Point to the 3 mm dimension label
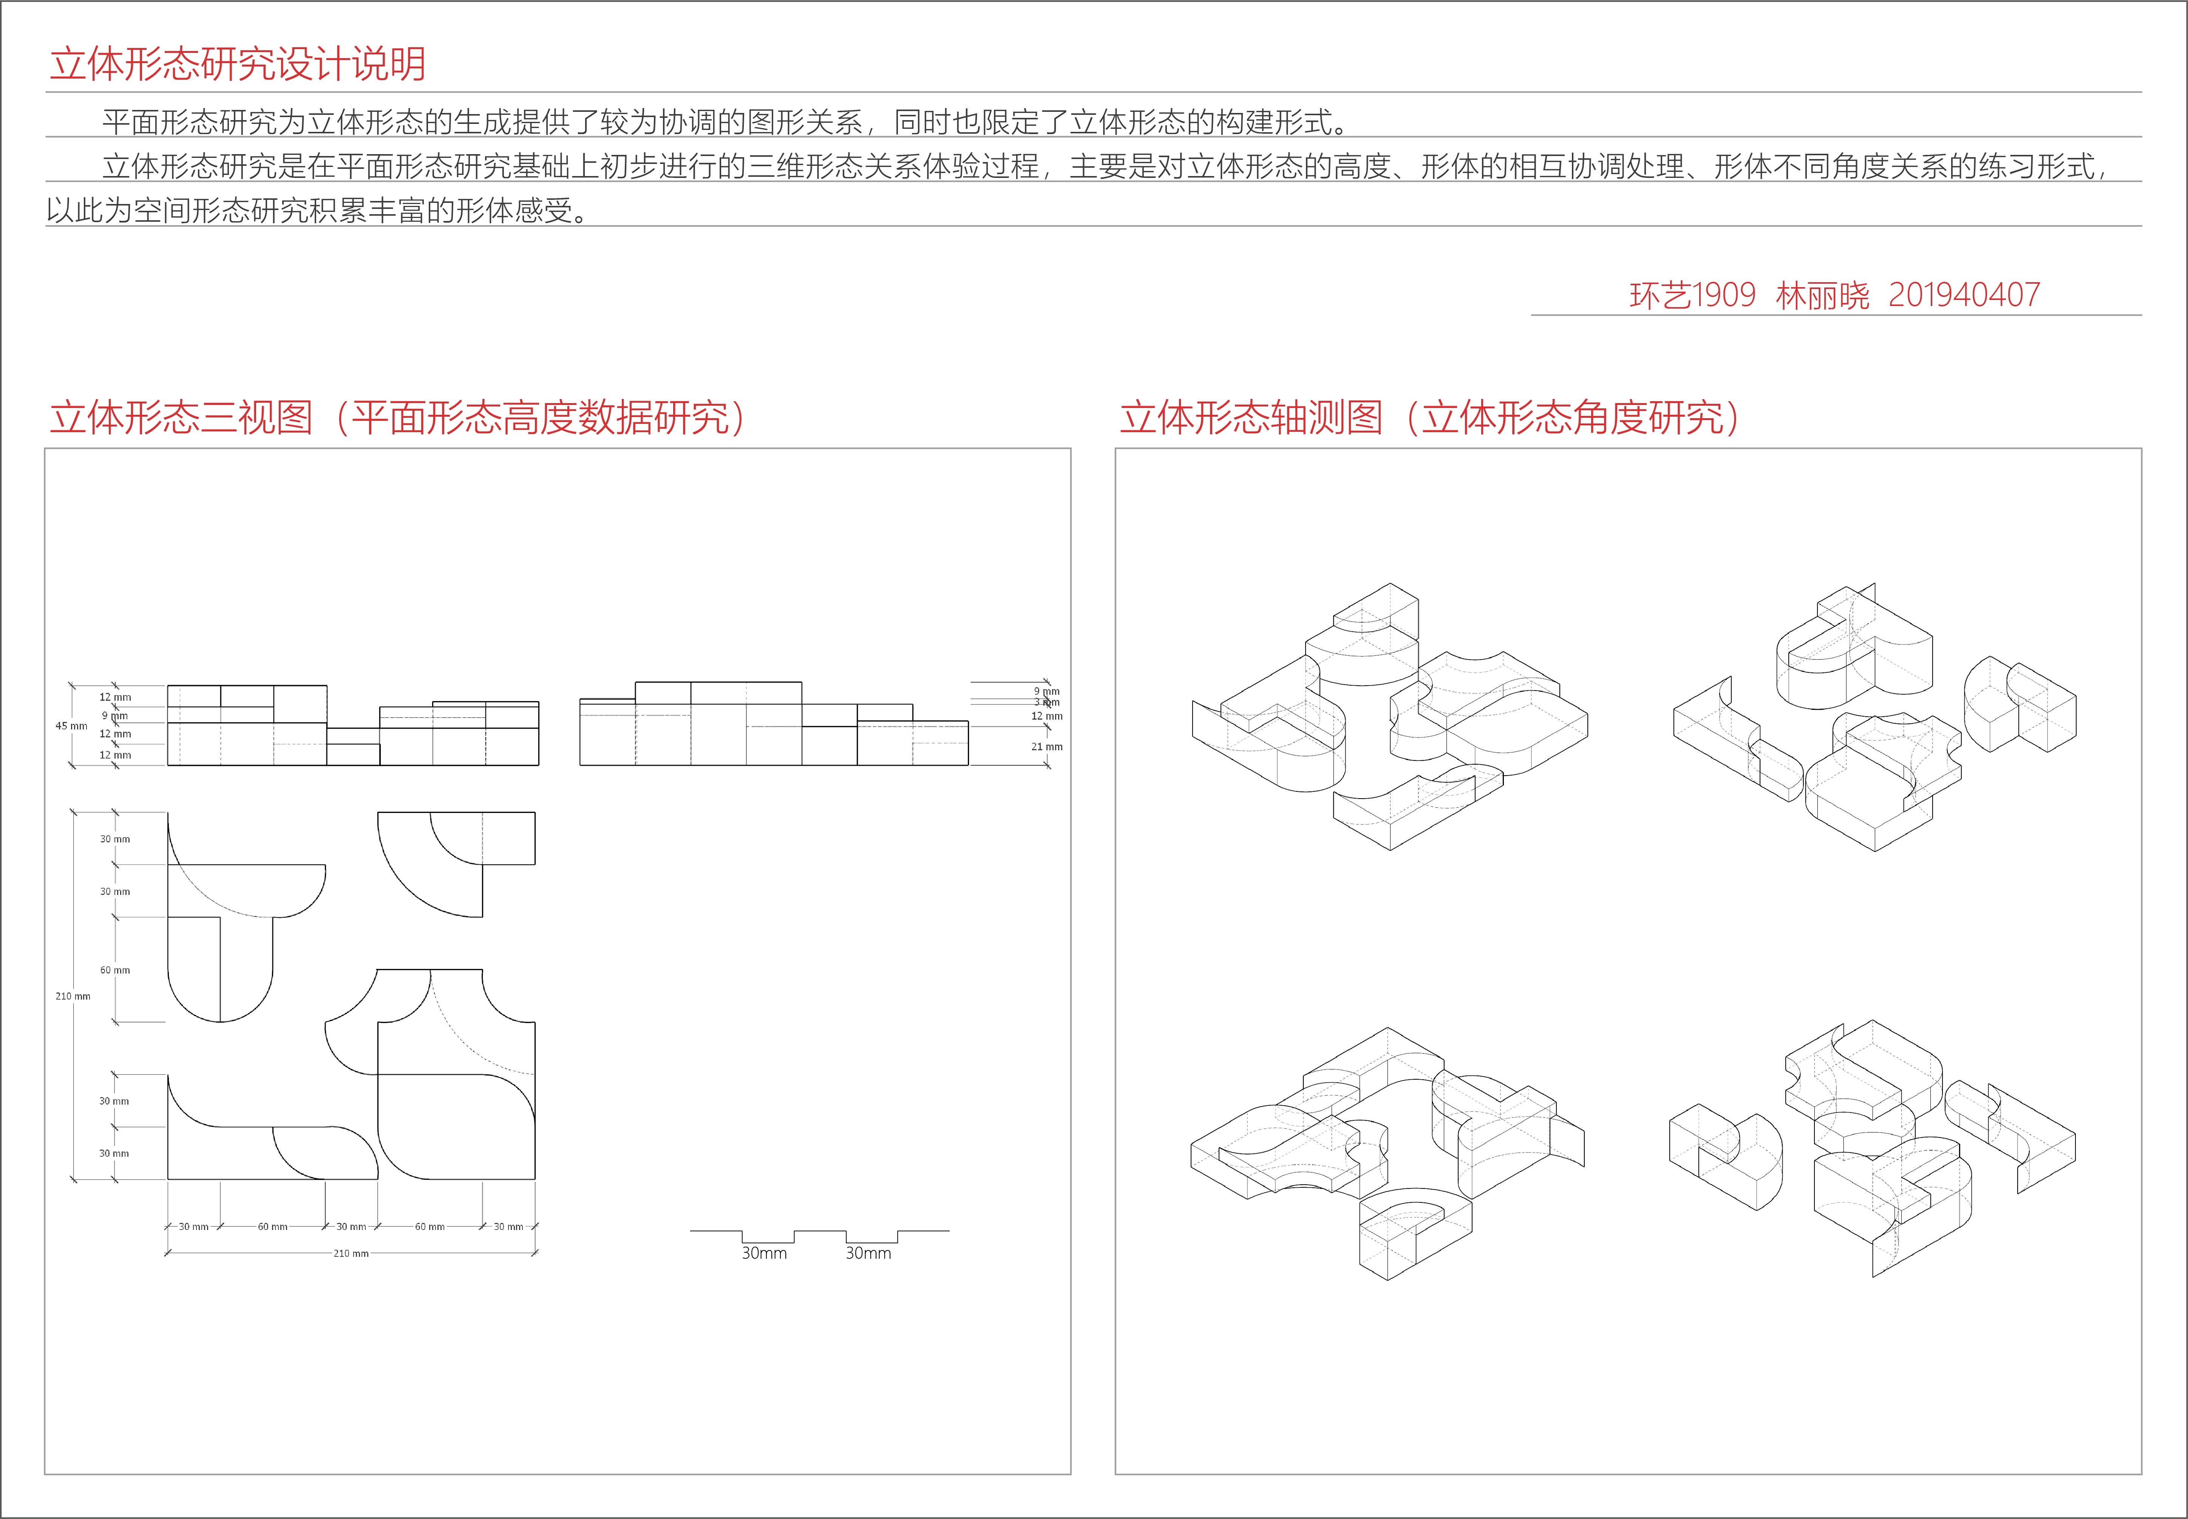coord(1046,702)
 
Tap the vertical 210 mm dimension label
coord(73,997)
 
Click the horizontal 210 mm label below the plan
coord(350,1253)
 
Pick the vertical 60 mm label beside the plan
coord(114,970)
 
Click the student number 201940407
coord(1963,295)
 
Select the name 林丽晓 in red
coord(1822,296)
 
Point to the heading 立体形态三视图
coord(181,418)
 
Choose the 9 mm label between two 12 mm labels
coord(114,716)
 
